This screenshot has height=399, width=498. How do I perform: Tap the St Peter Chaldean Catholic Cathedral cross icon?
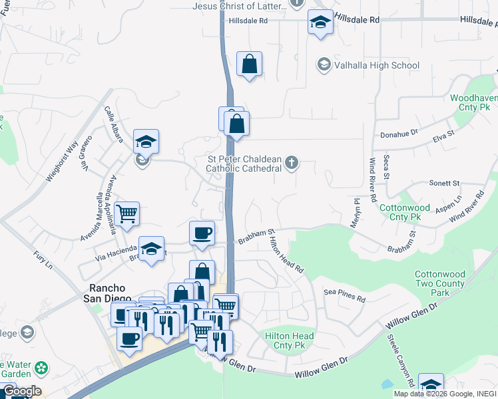[291, 162]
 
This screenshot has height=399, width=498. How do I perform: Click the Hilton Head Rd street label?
[286, 256]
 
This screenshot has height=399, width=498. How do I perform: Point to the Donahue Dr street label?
[398, 134]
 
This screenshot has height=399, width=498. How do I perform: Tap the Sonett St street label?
[444, 183]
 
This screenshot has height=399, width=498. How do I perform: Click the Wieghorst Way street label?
[62, 161]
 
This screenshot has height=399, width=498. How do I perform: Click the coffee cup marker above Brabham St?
[202, 233]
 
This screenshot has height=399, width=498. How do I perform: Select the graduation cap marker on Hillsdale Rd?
[320, 22]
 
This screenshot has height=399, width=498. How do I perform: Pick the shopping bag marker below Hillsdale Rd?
[249, 65]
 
